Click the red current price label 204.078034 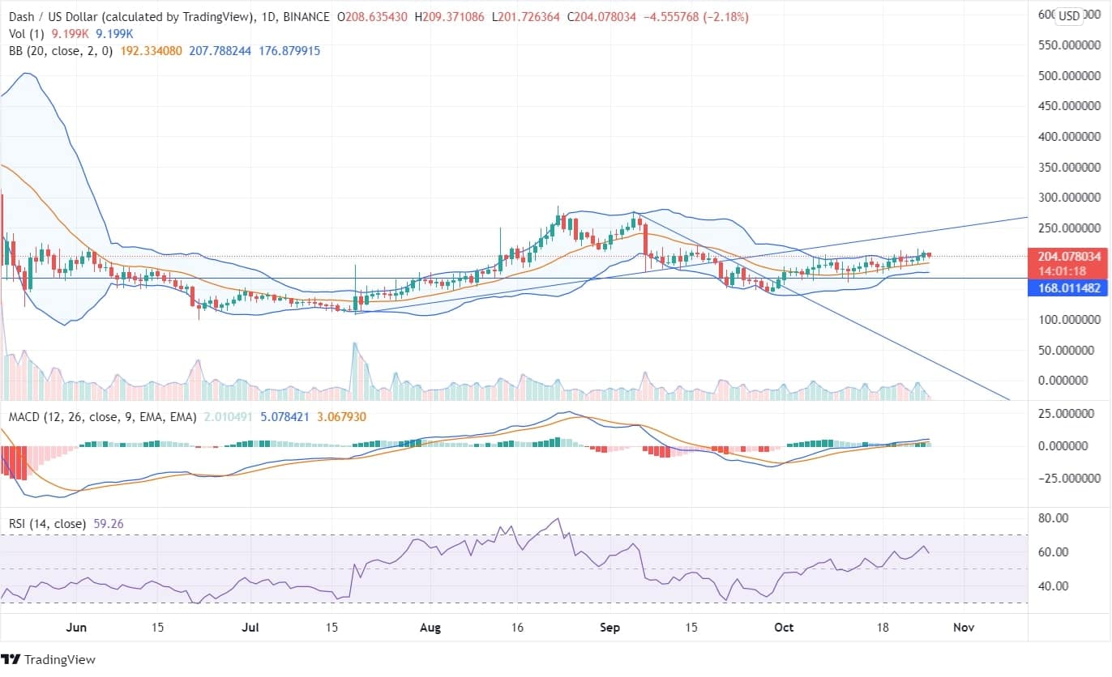pyautogui.click(x=1069, y=256)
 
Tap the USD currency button pyautogui.click(x=1070, y=16)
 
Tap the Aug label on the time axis pyautogui.click(x=431, y=628)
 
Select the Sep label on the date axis pyautogui.click(x=609, y=628)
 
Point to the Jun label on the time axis pyautogui.click(x=75, y=628)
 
